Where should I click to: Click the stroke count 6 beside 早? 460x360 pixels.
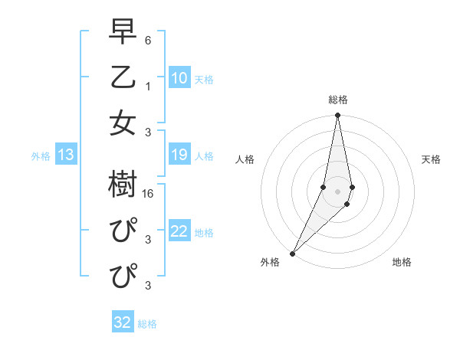click(x=148, y=40)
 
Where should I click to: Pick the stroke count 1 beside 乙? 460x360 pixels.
click(x=148, y=87)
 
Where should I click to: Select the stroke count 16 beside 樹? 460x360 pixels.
click(x=148, y=195)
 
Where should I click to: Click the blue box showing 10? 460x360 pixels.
click(x=179, y=78)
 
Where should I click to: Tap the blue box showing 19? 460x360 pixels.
click(x=179, y=155)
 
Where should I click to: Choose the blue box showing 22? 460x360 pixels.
click(x=179, y=232)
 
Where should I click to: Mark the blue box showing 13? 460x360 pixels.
click(x=66, y=155)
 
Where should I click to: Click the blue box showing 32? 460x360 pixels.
click(x=122, y=322)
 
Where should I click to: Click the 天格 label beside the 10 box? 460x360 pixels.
click(x=204, y=79)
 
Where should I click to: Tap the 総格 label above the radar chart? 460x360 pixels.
click(x=338, y=100)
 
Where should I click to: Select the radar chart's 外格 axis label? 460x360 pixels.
click(x=270, y=262)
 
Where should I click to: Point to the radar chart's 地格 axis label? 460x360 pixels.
click(x=402, y=262)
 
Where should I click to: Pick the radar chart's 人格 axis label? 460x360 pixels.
click(x=245, y=159)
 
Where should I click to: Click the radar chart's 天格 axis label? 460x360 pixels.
click(x=431, y=159)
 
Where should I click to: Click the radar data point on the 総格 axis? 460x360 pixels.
click(x=337, y=116)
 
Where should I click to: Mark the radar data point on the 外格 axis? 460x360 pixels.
click(x=293, y=253)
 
